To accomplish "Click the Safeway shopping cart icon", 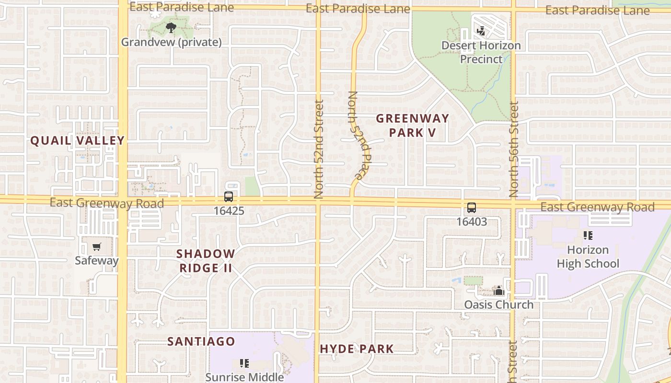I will click(x=97, y=247).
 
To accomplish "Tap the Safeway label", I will click(x=97, y=261).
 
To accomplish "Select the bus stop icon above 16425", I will click(x=229, y=197).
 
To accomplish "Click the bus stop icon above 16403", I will click(x=472, y=208).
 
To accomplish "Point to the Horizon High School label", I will click(x=588, y=257).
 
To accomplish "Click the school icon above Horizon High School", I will click(x=588, y=236).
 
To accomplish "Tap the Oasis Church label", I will click(x=498, y=304).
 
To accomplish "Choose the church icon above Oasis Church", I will click(x=499, y=291).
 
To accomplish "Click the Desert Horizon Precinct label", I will click(x=481, y=52).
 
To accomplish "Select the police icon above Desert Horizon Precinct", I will click(x=481, y=32).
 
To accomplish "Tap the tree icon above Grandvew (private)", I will click(x=171, y=28).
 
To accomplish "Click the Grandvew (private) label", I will click(x=171, y=42).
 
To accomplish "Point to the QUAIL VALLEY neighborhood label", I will click(x=78, y=141).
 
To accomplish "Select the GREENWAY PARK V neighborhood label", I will click(x=412, y=125).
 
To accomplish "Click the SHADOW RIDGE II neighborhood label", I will click(x=206, y=261).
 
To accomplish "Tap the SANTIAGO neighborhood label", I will click(x=201, y=341).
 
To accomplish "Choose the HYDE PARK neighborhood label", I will click(x=357, y=349).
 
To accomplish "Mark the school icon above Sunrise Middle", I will click(x=244, y=363).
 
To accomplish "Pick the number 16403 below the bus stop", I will click(x=472, y=222).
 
